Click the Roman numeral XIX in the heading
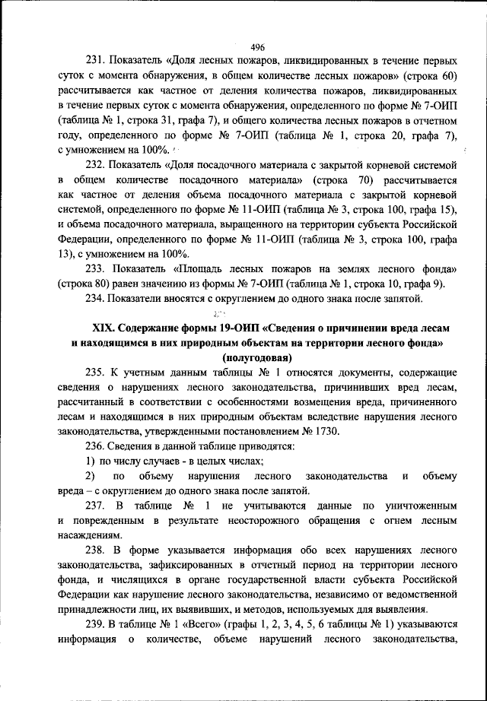pyautogui.click(x=103, y=328)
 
